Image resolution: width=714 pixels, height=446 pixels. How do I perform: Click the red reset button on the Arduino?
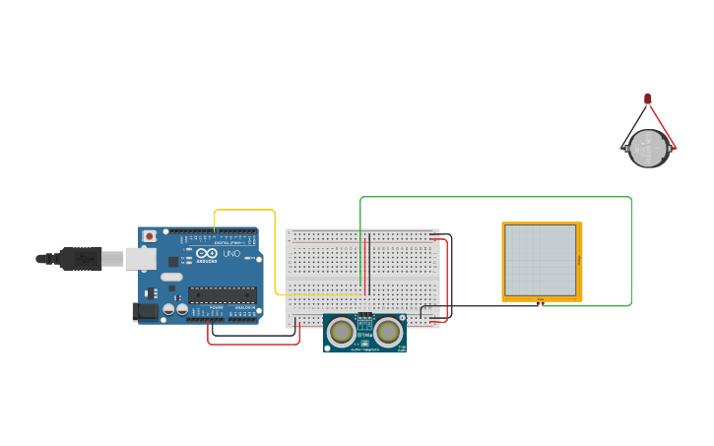(149, 236)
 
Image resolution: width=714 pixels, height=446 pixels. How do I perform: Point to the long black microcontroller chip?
(223, 293)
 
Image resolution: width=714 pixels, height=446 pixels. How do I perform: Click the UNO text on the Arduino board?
(231, 254)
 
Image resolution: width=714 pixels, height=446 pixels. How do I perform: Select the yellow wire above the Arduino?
(245, 210)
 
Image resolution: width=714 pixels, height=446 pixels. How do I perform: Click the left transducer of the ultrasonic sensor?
(343, 333)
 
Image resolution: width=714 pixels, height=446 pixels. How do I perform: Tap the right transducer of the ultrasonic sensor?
(388, 333)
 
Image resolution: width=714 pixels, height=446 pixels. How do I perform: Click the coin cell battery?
(649, 149)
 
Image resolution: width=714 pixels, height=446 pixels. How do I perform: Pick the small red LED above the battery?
(647, 98)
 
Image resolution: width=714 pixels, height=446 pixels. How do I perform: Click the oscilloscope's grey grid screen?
(540, 260)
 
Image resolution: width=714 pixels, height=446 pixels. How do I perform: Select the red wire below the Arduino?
(253, 344)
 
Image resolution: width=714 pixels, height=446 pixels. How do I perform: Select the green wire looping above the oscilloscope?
(492, 197)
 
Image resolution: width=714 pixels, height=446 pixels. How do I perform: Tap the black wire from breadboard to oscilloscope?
(483, 306)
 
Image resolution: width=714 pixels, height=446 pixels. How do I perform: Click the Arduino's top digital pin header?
(221, 232)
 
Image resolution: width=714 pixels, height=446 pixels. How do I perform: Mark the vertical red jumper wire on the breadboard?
(367, 266)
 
